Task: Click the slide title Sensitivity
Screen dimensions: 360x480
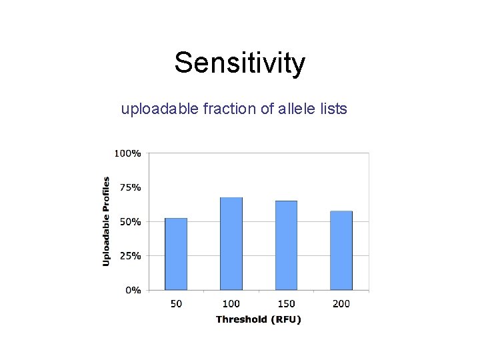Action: pos(240,63)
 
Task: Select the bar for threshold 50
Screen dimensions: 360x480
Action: pos(176,254)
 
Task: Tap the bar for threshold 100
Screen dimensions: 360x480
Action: pos(231,244)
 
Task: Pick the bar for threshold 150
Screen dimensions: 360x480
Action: pos(286,245)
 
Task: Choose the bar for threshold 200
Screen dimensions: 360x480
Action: pos(341,251)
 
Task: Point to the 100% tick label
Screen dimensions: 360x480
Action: pos(128,153)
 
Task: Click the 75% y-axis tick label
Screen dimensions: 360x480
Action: pos(130,187)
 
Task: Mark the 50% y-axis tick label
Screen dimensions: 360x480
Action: pos(130,221)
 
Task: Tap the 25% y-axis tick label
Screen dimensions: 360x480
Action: pos(130,255)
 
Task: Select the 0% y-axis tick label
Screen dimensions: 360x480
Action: pos(133,290)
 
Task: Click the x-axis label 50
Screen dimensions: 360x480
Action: pos(176,304)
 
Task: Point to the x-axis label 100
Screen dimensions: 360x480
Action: pos(231,304)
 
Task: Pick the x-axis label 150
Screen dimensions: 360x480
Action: pos(286,304)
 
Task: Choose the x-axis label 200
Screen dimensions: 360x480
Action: pos(341,304)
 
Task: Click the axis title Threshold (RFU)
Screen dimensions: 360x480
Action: pos(259,319)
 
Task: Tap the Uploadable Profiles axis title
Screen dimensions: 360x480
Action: pos(106,221)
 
